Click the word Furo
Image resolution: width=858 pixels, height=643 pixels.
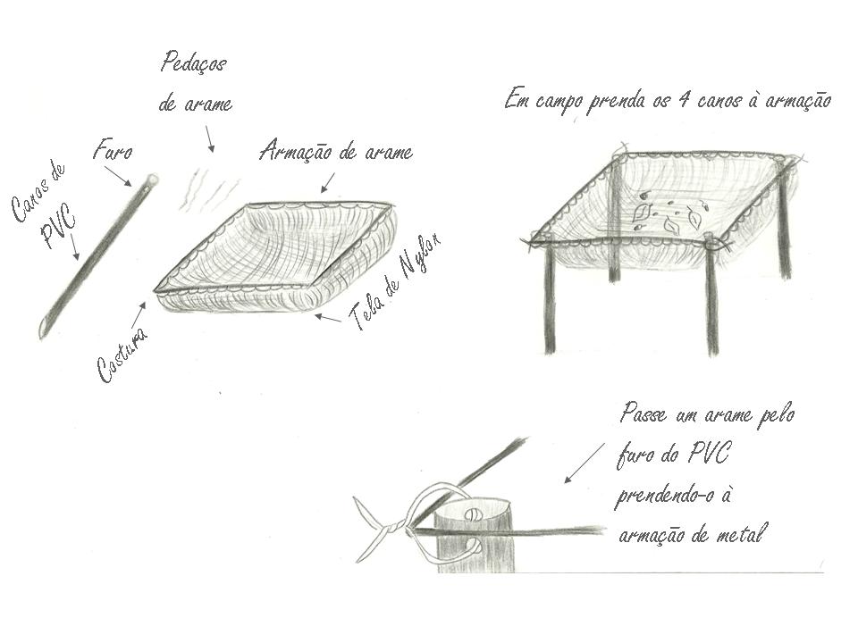pos(113,150)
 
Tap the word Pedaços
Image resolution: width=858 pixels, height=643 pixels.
pos(194,63)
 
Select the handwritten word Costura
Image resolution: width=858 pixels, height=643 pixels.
pos(122,355)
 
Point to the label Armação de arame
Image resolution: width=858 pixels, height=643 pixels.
pos(336,151)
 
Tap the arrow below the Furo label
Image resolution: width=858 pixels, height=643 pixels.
pos(118,176)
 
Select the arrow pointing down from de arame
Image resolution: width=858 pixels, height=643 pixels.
pos(209,139)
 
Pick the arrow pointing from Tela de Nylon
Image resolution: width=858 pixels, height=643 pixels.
pos(327,318)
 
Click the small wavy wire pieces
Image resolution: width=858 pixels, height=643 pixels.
pos(209,190)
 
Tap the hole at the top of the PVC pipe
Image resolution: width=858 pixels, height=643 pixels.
pos(153,179)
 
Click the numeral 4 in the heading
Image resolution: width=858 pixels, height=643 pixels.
pos(683,100)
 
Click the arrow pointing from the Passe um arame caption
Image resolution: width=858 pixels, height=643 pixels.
pos(585,463)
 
